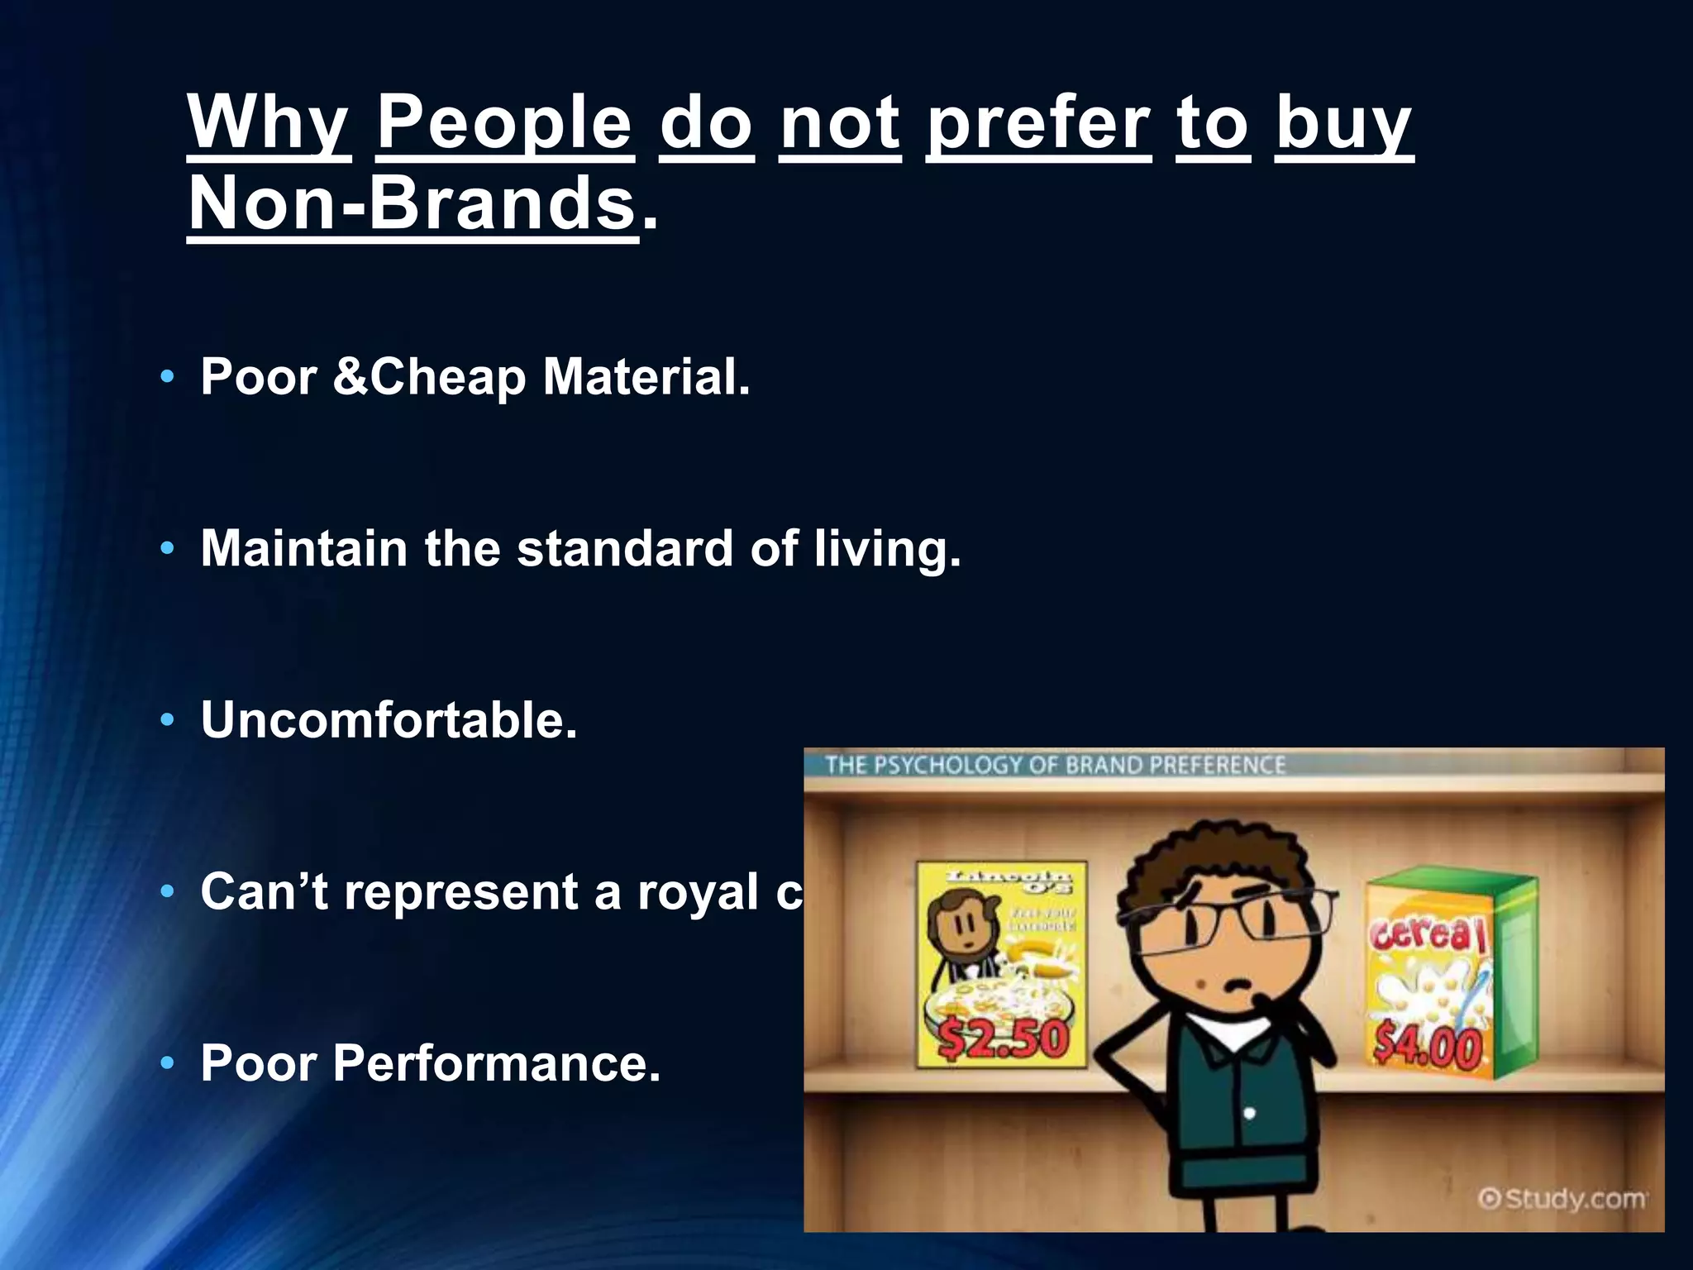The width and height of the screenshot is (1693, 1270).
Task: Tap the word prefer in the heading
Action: tap(1038, 124)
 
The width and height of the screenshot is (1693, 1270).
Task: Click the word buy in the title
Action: tap(1343, 124)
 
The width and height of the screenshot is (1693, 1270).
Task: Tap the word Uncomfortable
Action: tap(389, 720)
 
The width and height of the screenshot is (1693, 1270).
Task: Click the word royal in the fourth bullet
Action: tap(697, 893)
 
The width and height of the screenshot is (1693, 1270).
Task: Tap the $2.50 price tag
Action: tap(1004, 1039)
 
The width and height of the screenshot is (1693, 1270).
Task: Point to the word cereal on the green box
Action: tap(1428, 934)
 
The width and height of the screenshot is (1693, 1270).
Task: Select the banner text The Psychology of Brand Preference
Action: tap(1055, 765)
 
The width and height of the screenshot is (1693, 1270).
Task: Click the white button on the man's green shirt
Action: tap(1249, 1114)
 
